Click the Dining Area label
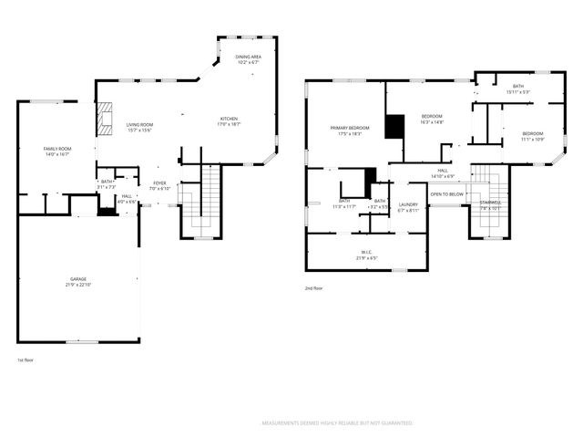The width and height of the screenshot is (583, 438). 249,59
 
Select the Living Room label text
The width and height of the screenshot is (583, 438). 139,127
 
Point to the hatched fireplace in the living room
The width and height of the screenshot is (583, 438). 106,119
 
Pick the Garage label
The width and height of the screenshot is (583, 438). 78,282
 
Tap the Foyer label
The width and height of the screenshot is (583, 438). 159,185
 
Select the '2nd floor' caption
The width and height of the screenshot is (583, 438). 314,288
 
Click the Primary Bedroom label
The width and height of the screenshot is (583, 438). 350,130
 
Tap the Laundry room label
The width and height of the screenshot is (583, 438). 408,207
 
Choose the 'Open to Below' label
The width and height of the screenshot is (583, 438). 446,194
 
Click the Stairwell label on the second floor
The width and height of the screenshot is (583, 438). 490,204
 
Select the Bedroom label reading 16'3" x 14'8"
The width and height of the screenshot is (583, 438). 432,119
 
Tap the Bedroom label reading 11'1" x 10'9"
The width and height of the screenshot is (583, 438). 532,136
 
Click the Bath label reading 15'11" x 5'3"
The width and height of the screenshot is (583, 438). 517,89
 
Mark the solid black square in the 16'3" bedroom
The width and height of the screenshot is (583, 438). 394,126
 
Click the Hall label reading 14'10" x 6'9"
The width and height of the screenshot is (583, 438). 443,172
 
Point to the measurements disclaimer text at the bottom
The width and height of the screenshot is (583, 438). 337,423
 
